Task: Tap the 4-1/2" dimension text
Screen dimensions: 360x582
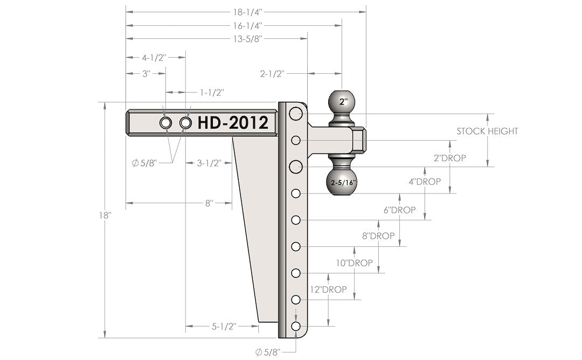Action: pos(154,57)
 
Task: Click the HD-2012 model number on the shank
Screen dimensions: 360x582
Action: pos(233,123)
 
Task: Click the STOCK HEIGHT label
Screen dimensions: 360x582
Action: pos(487,131)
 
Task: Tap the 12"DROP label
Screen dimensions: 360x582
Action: pos(328,289)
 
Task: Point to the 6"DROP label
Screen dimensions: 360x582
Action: pos(399,210)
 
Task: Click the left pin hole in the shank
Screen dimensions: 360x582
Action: pos(166,123)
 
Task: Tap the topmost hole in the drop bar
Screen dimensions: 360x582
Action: pos(295,114)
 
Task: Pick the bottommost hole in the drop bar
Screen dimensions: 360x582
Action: pos(296,326)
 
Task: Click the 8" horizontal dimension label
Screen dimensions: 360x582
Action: pos(209,203)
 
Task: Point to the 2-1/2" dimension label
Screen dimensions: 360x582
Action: pos(272,74)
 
